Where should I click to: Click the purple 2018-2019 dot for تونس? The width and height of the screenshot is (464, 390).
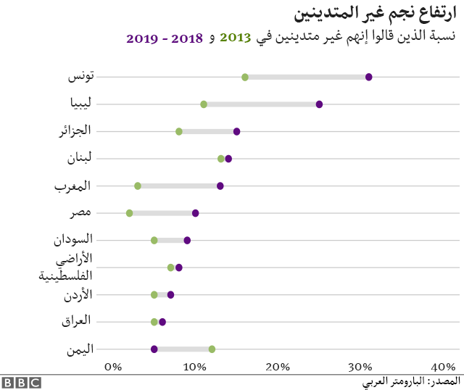coord(369,77)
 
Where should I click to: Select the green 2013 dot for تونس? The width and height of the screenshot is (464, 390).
coord(245,77)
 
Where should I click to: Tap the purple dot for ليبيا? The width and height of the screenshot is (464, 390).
coord(319,104)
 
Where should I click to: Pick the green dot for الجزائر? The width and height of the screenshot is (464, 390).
coord(179,131)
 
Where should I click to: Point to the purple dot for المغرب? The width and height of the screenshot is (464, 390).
coord(220,186)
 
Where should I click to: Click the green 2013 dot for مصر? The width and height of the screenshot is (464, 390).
coord(129,213)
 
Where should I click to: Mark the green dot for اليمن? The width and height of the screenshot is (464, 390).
coord(212,349)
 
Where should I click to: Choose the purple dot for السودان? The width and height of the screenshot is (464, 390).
coord(187,240)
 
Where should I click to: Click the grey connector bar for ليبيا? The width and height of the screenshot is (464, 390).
coord(261,104)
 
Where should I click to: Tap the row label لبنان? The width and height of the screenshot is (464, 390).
coord(77,158)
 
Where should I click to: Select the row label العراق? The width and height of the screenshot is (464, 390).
coord(75,321)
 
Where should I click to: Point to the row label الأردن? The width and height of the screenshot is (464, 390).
coord(76,294)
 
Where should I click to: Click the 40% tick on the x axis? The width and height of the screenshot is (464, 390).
coord(443,367)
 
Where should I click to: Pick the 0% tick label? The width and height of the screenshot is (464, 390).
coord(113,367)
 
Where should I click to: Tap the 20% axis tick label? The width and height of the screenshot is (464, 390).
coord(278,367)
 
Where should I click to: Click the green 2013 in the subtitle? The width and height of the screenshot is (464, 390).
coord(234,38)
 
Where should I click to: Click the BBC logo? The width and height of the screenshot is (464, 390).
coord(21,382)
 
